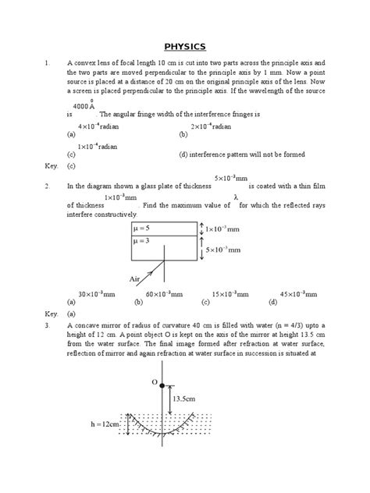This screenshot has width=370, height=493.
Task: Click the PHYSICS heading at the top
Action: pyautogui.click(x=184, y=46)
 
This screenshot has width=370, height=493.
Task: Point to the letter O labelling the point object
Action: pyautogui.click(x=154, y=383)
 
